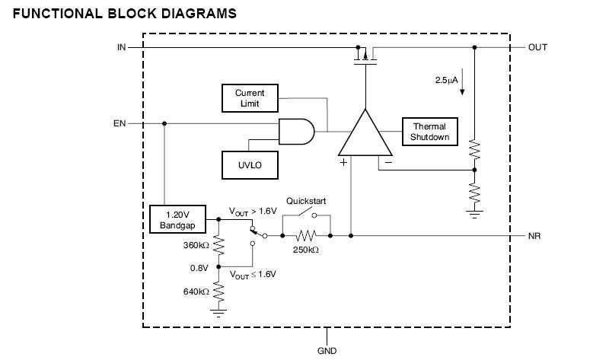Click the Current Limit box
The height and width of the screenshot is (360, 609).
(249, 97)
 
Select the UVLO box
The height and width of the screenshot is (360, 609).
(249, 163)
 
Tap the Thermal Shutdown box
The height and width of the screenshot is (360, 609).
(430, 132)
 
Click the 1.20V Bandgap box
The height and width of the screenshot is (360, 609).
(176, 220)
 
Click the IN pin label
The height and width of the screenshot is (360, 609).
(121, 47)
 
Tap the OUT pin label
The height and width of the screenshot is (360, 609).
(537, 47)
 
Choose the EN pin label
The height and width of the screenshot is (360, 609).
(120, 123)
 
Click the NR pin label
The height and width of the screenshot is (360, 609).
(534, 237)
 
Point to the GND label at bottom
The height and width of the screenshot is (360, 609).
(327, 352)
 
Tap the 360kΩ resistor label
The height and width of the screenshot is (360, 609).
(195, 246)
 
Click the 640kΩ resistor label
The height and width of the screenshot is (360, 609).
(195, 291)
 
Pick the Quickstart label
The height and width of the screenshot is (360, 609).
(306, 201)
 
